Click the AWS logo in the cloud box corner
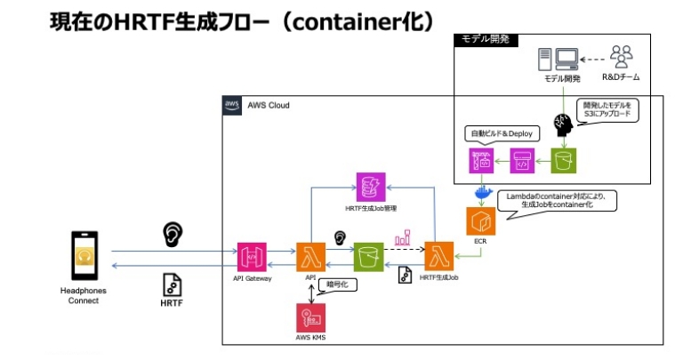tap(232, 105)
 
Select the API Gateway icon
tap(253, 257)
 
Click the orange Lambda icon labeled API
tap(311, 257)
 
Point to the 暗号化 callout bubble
tap(342, 286)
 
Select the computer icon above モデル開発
tap(561, 60)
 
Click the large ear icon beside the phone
tap(173, 234)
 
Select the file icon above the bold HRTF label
tap(172, 284)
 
